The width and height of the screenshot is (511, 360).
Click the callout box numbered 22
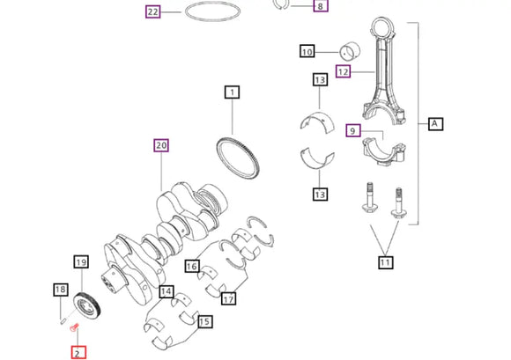click(153, 12)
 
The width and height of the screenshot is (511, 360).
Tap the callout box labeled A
click(434, 124)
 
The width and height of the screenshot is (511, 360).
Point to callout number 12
click(343, 70)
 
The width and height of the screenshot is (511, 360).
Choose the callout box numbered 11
click(385, 261)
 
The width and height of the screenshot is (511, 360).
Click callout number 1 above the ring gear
click(232, 92)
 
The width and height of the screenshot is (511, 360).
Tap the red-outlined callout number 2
click(78, 352)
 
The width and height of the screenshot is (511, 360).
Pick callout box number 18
click(60, 290)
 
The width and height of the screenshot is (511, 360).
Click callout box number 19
click(80, 262)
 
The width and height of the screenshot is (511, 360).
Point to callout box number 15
click(204, 322)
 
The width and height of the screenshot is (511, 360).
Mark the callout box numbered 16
click(191, 266)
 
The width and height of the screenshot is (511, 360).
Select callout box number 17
click(228, 299)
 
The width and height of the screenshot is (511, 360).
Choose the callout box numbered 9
click(353, 131)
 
